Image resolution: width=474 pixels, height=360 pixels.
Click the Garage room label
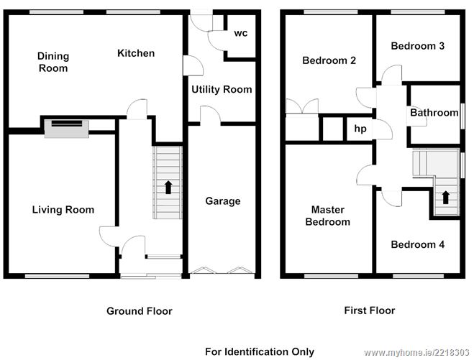click(223, 201)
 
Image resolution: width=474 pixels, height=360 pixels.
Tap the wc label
click(241, 33)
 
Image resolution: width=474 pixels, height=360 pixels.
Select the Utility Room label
click(222, 89)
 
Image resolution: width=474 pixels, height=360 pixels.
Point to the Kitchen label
click(136, 53)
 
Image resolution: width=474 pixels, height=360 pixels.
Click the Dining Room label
click(53, 62)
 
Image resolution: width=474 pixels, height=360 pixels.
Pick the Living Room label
click(63, 210)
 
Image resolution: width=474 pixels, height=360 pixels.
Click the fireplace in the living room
click(66, 129)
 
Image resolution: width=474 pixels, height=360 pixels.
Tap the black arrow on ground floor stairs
click(168, 188)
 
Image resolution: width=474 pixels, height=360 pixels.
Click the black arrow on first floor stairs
click(445, 198)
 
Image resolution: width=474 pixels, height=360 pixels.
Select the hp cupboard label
click(360, 129)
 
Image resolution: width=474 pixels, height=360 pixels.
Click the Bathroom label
click(434, 113)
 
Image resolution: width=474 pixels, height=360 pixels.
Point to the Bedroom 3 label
click(417, 46)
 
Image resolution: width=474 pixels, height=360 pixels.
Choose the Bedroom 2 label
click(329, 60)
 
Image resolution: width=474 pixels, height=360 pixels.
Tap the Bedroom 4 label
click(417, 244)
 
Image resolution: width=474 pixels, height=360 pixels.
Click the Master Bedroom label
click(328, 216)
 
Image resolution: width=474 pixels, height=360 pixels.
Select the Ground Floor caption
click(140, 311)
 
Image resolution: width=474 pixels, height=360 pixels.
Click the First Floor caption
click(370, 310)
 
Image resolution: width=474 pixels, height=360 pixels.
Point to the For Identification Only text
click(260, 351)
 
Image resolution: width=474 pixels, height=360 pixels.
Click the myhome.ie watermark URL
click(416, 352)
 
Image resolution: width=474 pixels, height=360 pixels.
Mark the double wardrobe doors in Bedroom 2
click(302, 106)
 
